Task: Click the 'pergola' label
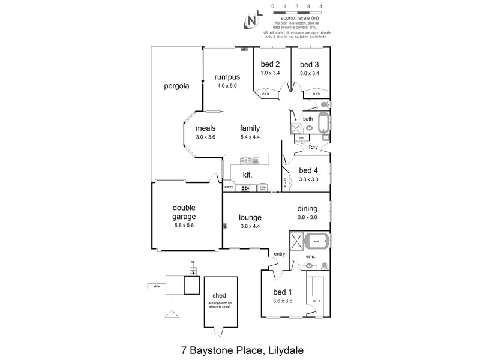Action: coord(176,86)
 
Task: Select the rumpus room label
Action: coord(228,77)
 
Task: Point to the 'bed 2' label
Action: coord(270,65)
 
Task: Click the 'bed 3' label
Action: coord(310,65)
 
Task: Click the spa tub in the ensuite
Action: coord(316,242)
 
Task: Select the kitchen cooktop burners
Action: coord(246,188)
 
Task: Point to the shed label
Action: coord(219,295)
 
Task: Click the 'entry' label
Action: coord(280,254)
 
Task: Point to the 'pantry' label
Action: coord(229,187)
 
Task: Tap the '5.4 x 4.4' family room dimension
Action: coord(250,137)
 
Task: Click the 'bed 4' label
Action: coord(308,170)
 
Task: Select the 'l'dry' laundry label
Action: coord(313,147)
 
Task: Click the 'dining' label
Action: coord(307,209)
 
